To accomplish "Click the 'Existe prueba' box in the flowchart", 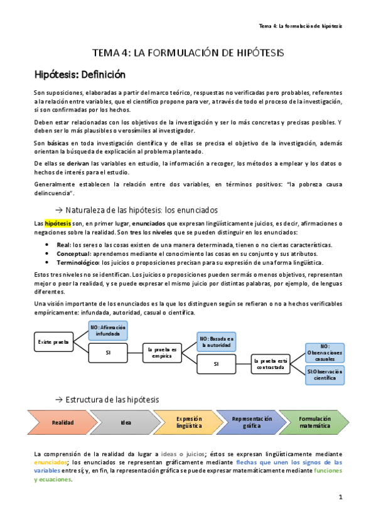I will click(x=53, y=342).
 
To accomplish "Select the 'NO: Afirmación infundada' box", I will click(x=108, y=331).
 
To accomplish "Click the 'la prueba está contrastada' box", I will click(x=271, y=364).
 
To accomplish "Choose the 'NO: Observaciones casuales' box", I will click(x=325, y=353).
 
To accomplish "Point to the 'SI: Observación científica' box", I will click(x=325, y=375).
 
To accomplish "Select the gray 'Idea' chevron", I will click(x=126, y=422).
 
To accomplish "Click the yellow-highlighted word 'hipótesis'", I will click(x=57, y=223).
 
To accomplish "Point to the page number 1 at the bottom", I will click(x=340, y=497).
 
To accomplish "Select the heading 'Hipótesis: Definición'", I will click(x=80, y=74).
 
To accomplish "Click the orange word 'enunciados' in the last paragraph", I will click(x=51, y=462).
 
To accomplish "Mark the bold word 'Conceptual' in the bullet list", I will click(x=74, y=253).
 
